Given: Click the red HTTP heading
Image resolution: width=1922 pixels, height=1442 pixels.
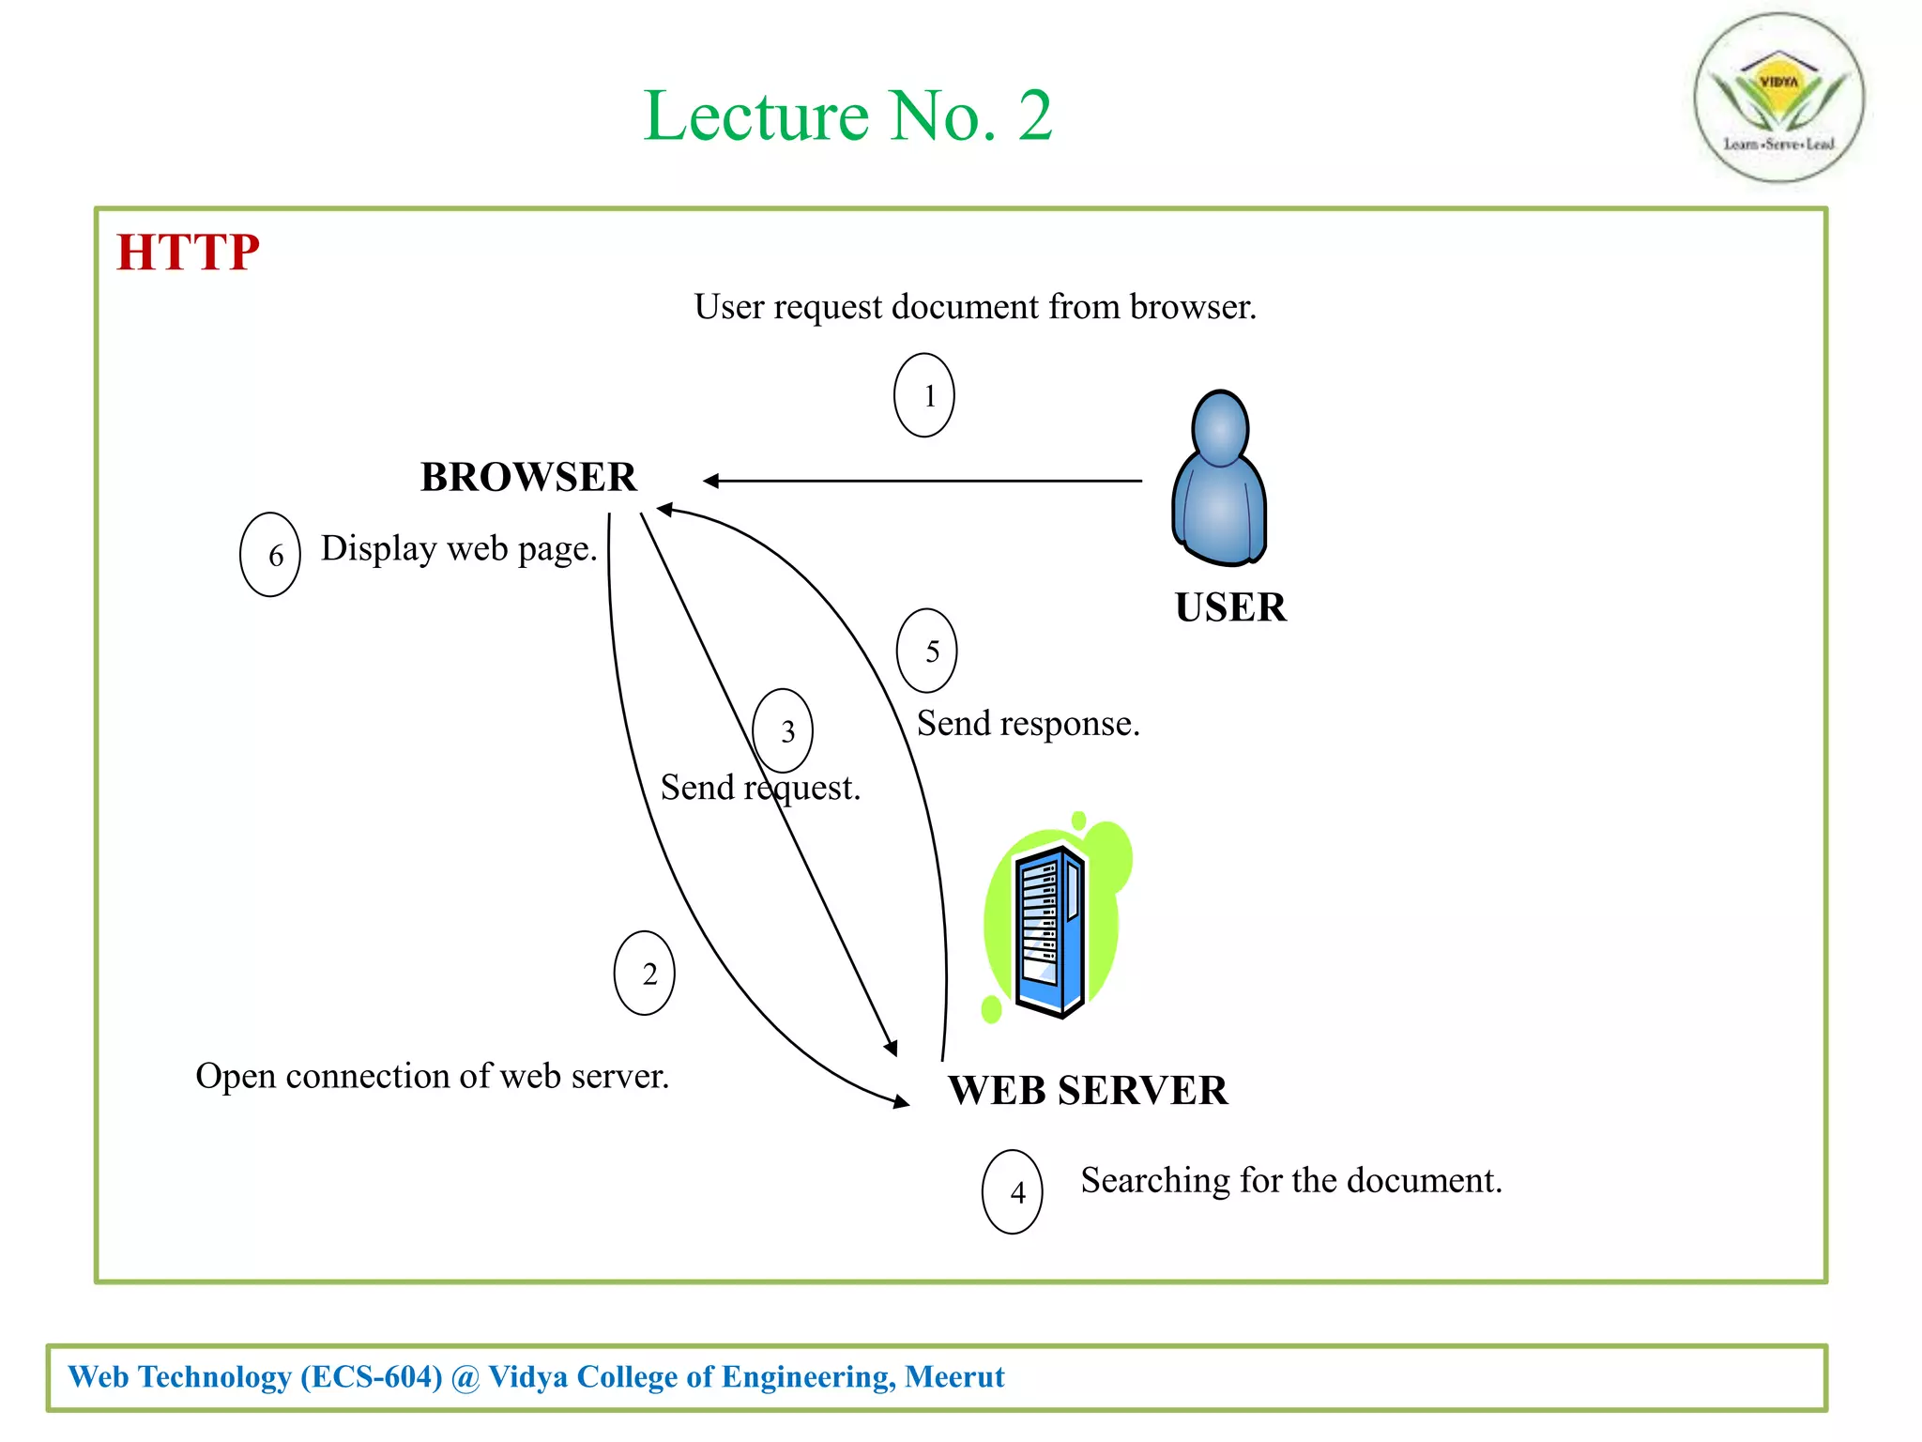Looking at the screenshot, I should point(188,253).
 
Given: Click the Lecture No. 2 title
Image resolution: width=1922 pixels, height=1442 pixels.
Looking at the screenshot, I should point(847,116).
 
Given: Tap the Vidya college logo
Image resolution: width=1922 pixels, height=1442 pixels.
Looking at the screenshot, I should point(1778,98).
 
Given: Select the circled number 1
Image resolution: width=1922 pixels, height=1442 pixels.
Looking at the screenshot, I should point(924,395).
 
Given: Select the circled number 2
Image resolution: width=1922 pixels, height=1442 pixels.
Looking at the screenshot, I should point(645,974).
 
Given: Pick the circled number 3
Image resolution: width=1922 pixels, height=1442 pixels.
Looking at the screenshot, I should point(784,730).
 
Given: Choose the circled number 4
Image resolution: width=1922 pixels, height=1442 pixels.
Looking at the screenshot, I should point(1013,1192).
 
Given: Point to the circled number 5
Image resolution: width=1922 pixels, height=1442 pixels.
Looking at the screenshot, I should point(927,651).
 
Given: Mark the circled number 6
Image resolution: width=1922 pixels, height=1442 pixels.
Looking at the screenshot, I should point(270,555).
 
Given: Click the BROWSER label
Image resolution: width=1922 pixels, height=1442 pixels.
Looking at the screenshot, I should point(528,477).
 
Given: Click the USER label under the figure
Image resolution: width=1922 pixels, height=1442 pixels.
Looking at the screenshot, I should point(1230,607).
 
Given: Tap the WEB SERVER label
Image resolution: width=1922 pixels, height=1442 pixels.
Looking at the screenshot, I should point(1088,1091).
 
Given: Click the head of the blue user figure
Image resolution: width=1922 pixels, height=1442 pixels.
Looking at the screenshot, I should point(1220,427).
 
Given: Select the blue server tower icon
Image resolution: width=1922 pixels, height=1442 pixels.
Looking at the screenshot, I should point(1051,929).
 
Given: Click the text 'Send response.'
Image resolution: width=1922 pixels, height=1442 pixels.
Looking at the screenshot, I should point(1028,724).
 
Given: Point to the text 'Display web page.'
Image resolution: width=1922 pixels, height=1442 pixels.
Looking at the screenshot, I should point(459,548).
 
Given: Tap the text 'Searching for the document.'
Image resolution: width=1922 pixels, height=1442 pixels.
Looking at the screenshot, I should point(1291,1180).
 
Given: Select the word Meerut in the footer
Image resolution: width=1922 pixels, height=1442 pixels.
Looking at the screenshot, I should point(954,1376).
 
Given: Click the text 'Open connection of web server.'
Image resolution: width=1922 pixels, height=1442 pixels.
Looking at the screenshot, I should point(432,1076).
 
